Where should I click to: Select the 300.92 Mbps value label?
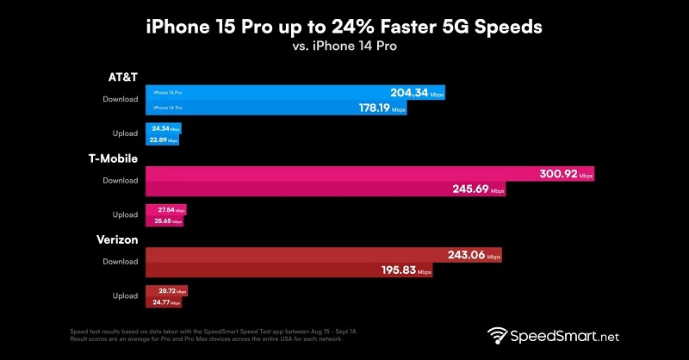tap(564, 173)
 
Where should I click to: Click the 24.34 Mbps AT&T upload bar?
tap(164, 128)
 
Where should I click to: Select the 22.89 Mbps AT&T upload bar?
tap(163, 140)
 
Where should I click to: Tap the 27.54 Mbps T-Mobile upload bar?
tap(165, 209)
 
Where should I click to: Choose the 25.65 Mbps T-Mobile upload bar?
tap(164, 220)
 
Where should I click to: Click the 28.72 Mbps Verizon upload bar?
tap(166, 291)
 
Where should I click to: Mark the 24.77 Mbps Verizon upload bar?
tap(164, 302)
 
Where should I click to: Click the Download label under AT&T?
tap(120, 99)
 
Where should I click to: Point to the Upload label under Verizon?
tap(124, 296)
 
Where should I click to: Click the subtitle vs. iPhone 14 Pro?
tap(344, 48)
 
